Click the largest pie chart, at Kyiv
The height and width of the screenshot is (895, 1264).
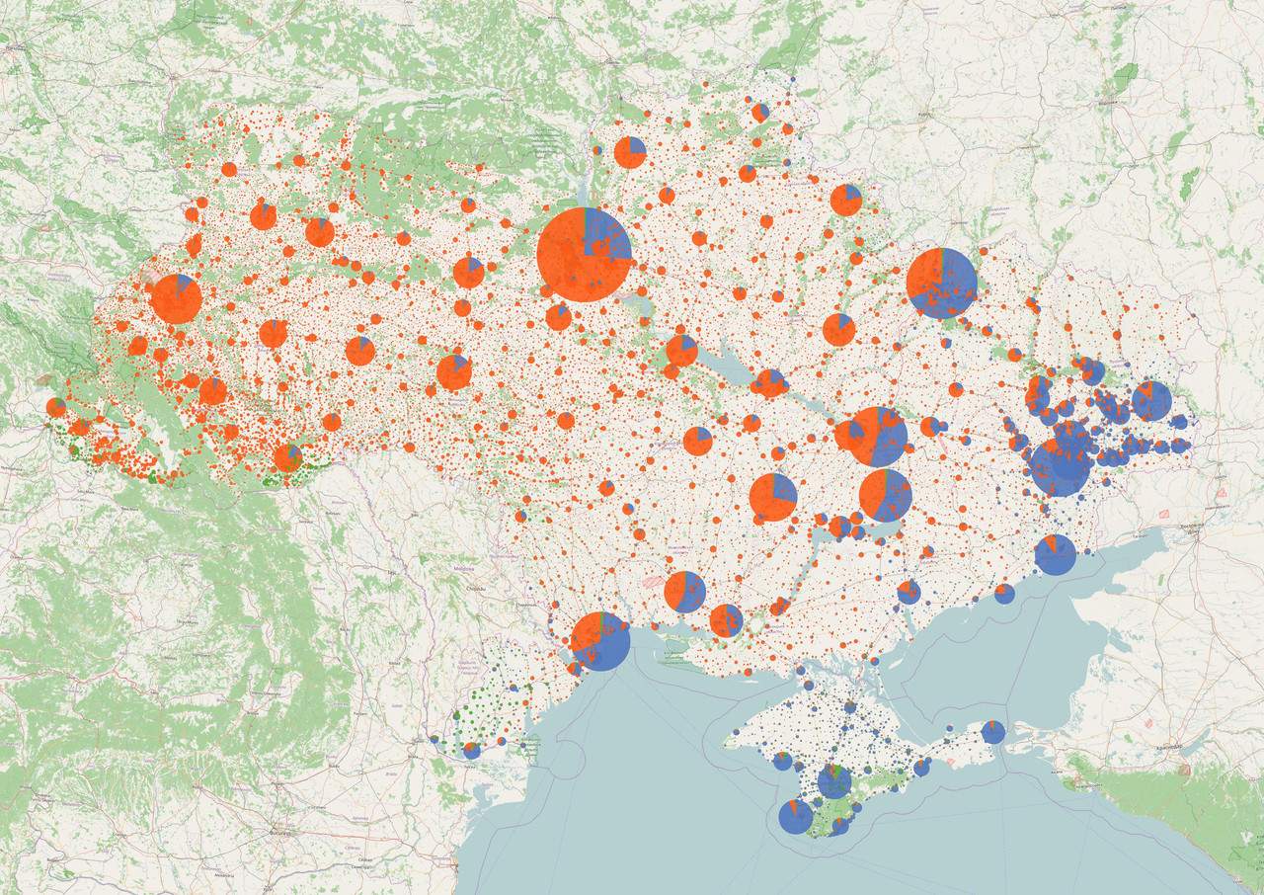pos(585,254)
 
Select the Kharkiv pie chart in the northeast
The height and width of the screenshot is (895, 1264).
pos(941,284)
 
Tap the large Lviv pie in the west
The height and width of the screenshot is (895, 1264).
pos(177,299)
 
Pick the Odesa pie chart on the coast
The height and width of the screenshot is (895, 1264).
pos(600,641)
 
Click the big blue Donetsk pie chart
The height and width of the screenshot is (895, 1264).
pos(1060,466)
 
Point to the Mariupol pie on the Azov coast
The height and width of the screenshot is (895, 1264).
pos(1055,554)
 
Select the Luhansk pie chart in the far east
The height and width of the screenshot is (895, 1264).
pos(1151,400)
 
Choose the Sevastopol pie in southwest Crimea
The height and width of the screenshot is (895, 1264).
pos(796,817)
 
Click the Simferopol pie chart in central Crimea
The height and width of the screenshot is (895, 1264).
pos(834,781)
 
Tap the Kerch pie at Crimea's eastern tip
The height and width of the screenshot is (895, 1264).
pos(993,732)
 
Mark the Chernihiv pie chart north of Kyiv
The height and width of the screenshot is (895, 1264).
pos(630,152)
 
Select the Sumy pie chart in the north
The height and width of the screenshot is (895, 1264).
pos(846,200)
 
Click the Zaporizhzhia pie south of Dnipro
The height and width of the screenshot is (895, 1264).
pos(885,495)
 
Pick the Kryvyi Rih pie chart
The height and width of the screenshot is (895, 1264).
pos(773,496)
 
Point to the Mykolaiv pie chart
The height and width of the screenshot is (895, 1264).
pos(684,592)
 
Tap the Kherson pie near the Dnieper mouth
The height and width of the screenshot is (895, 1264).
pos(726,620)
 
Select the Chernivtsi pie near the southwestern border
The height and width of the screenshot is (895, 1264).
pos(287,457)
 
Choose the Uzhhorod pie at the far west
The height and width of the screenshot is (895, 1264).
pos(56,407)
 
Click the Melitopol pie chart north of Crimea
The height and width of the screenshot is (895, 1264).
pos(909,593)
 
